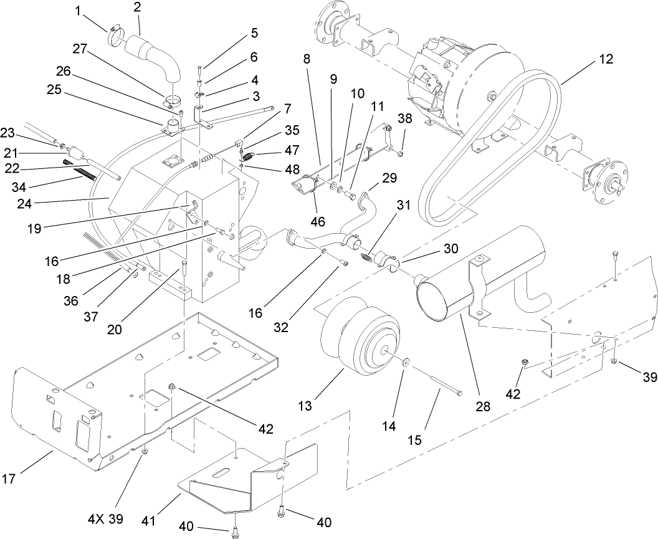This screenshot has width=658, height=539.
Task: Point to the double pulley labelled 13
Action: (361, 336)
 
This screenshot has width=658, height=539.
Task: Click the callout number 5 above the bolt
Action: (254, 33)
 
